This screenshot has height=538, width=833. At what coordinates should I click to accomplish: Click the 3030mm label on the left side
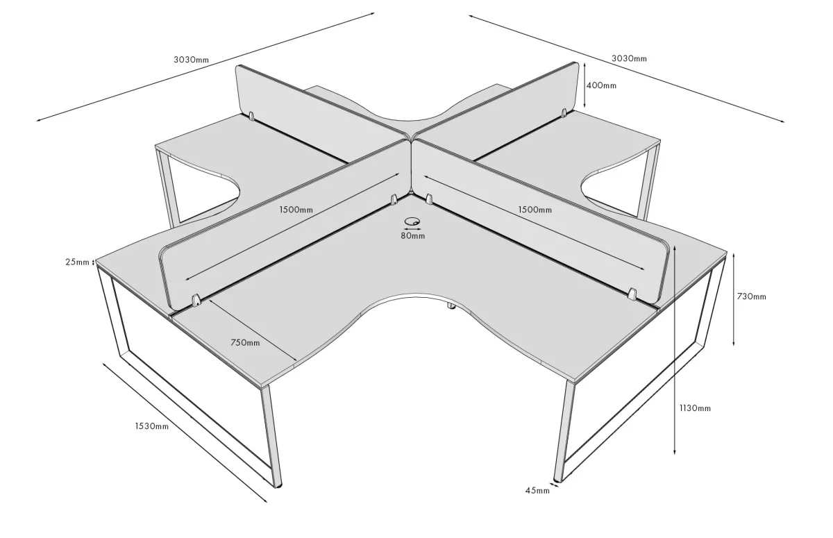point(191,60)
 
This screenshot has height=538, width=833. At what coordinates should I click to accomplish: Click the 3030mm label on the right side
point(629,58)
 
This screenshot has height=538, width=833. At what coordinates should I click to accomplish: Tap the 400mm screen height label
point(601,85)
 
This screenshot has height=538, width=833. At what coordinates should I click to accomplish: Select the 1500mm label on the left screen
point(296,210)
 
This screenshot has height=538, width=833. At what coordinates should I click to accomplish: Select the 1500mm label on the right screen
point(535,210)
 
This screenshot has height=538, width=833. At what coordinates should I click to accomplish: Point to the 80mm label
point(413,236)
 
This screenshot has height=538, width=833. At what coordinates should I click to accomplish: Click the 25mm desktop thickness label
point(77,262)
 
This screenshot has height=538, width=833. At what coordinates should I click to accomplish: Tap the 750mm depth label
point(245,342)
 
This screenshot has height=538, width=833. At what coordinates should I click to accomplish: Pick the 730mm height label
point(752,296)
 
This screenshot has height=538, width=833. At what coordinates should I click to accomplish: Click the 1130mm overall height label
point(695,408)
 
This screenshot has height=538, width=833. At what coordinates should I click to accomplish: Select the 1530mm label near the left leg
point(152,426)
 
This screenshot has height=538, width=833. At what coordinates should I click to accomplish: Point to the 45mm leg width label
point(537,490)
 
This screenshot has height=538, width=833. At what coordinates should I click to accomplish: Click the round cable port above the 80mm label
point(412,221)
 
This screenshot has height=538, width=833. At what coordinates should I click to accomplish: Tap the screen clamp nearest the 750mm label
point(196,300)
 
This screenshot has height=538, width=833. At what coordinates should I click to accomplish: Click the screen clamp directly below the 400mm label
point(564,113)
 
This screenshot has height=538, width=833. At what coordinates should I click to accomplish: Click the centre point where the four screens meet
point(411,140)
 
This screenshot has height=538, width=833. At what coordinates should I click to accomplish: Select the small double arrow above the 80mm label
point(413,229)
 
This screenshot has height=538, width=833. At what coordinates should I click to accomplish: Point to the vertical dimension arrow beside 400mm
point(585,85)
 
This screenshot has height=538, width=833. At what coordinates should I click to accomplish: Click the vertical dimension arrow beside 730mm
point(734,299)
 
